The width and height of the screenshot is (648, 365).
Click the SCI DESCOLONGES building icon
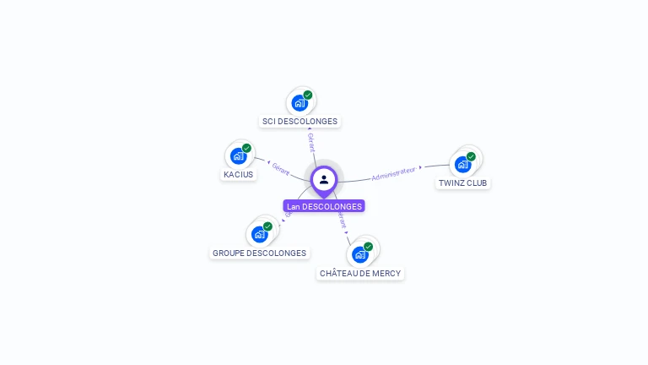tap(299, 103)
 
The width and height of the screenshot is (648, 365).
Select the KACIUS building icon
tap(238, 156)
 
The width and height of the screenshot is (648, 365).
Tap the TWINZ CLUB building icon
tap(462, 164)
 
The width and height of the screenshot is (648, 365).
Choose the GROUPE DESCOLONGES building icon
tap(259, 234)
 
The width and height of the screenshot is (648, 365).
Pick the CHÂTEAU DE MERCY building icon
tap(360, 254)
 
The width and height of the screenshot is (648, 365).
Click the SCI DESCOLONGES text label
tap(300, 122)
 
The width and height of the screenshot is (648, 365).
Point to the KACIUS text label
tap(238, 175)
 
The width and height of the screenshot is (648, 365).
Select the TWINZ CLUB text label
tap(463, 182)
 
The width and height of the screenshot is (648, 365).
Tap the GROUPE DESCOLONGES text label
tap(259, 253)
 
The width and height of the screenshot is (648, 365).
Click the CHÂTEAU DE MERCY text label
tap(360, 273)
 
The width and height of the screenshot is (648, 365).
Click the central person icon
tap(324, 179)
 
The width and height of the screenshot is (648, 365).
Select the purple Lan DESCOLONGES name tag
tap(324, 206)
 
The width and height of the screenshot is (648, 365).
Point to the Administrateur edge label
tap(394, 173)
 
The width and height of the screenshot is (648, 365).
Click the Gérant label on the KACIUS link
tap(280, 169)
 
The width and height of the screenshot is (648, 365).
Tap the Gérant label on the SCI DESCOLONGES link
tap(311, 143)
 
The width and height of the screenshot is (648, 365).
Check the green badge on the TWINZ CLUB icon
tap(471, 156)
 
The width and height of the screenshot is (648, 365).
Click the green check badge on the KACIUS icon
tap(246, 149)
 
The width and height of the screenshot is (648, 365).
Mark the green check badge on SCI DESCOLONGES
tap(308, 95)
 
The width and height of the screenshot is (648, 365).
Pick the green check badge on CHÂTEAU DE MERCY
tap(368, 247)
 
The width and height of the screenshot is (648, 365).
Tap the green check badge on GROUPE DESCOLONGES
tap(267, 226)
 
